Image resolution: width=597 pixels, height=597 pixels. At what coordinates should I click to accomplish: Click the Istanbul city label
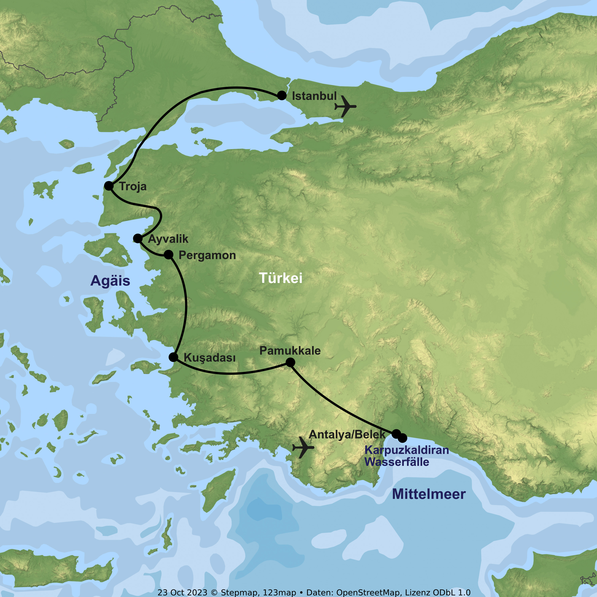tap(314, 96)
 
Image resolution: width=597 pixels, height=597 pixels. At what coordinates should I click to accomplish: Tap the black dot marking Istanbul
tap(282, 95)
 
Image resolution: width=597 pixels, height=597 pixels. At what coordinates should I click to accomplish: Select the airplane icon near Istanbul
tap(345, 106)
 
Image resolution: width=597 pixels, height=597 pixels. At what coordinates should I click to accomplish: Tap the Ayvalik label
tap(168, 239)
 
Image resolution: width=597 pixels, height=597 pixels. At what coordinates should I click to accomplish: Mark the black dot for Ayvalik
tap(138, 238)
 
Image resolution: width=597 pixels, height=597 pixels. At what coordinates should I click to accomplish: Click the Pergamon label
tap(207, 255)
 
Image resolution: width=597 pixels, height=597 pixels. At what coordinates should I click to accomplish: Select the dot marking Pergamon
tap(168, 255)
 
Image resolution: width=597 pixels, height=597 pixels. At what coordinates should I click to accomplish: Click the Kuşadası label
tap(210, 358)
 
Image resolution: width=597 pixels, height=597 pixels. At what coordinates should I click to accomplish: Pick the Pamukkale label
tap(290, 351)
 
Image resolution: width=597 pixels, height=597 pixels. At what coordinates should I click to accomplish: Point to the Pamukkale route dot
tap(290, 362)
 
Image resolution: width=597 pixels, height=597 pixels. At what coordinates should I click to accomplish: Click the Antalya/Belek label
tap(347, 434)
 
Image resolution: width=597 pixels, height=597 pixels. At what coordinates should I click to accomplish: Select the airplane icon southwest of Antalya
tap(303, 447)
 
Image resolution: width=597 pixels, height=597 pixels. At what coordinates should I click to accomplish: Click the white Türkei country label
tap(281, 278)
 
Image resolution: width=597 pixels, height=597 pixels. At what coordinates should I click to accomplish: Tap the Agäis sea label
tap(110, 281)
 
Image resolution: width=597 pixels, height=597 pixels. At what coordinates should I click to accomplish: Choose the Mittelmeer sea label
tap(429, 494)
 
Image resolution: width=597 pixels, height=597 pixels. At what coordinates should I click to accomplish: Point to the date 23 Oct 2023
tap(182, 592)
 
